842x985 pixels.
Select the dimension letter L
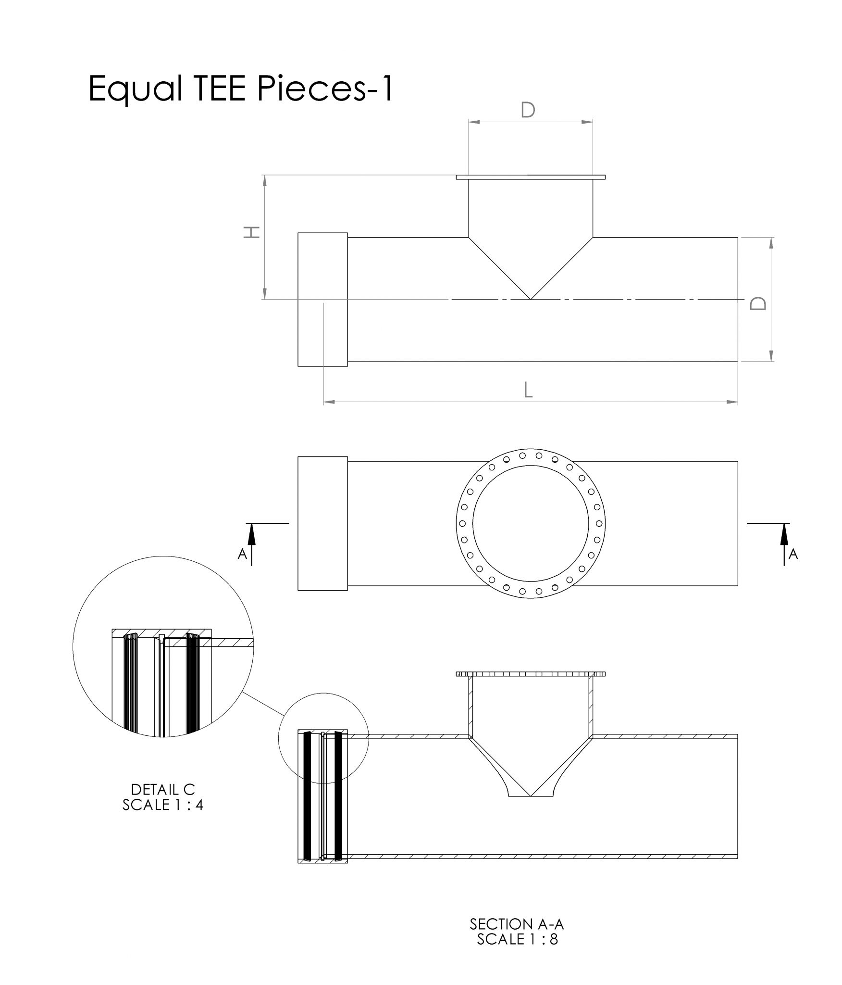coord(528,390)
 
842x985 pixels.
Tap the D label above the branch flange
coord(528,110)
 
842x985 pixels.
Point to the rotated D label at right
coord(758,303)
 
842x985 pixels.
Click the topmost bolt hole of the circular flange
coord(522,455)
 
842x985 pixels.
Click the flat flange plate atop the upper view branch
coord(530,177)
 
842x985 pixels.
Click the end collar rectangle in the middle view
coord(322,523)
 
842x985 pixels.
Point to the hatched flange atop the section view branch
coord(530,674)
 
